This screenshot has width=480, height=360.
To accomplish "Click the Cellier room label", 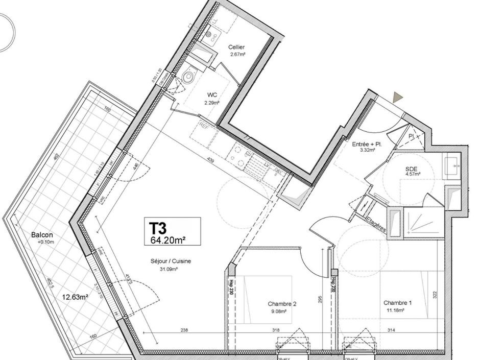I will pyautogui.click(x=236, y=47).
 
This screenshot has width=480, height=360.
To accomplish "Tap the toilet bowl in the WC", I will pyautogui.click(x=189, y=77).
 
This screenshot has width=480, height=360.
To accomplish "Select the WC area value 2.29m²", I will pyautogui.click(x=212, y=102).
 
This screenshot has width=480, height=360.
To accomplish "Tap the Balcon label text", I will pyautogui.click(x=42, y=235).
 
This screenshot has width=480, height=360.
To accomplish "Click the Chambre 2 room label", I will pyautogui.click(x=282, y=304).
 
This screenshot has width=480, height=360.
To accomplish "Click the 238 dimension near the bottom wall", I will pyautogui.click(x=184, y=330).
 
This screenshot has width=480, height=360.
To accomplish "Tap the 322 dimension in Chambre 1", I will pyautogui.click(x=435, y=295).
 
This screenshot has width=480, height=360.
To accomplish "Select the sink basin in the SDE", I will pyautogui.click(x=452, y=165).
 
